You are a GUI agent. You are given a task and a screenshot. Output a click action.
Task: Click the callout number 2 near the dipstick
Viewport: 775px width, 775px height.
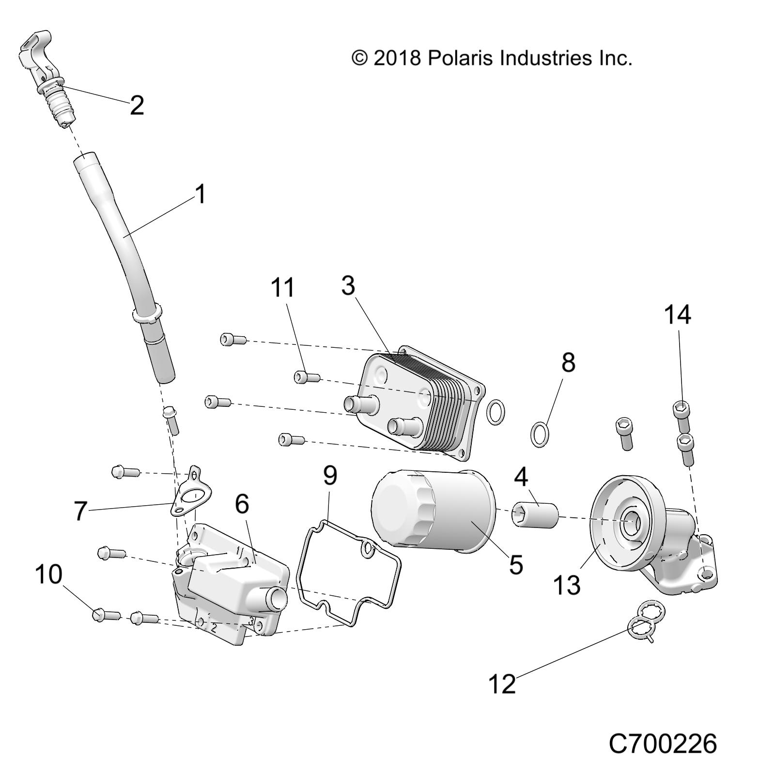(x=137, y=105)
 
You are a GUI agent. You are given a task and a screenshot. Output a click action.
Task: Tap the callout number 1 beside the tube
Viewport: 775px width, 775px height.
(x=200, y=194)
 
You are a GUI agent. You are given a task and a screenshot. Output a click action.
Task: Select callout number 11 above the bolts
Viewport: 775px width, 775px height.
(x=282, y=287)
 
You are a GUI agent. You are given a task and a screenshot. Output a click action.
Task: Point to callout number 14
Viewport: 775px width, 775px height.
(x=677, y=314)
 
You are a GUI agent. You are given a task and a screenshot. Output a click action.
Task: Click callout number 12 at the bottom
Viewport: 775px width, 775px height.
(x=502, y=684)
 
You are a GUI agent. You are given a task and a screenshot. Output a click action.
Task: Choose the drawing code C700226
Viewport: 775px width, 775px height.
(x=662, y=744)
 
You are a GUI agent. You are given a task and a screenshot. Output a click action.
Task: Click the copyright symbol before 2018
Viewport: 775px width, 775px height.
(x=359, y=58)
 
